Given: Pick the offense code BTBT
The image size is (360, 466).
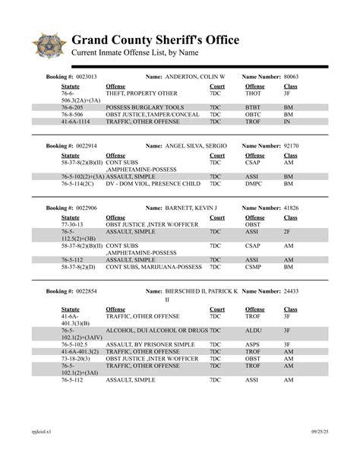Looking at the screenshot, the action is click(x=252, y=108).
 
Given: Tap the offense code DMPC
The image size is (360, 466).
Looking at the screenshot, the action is click(x=253, y=183).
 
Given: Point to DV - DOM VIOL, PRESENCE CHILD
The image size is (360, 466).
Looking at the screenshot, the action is click(x=153, y=183).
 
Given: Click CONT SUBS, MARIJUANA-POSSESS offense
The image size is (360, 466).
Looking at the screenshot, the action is click(x=155, y=266).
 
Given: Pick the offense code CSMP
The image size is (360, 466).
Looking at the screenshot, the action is click(x=253, y=266).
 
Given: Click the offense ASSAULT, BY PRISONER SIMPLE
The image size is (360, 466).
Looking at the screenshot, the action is click(x=151, y=343).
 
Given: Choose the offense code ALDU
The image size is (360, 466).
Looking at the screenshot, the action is click(x=253, y=331).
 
